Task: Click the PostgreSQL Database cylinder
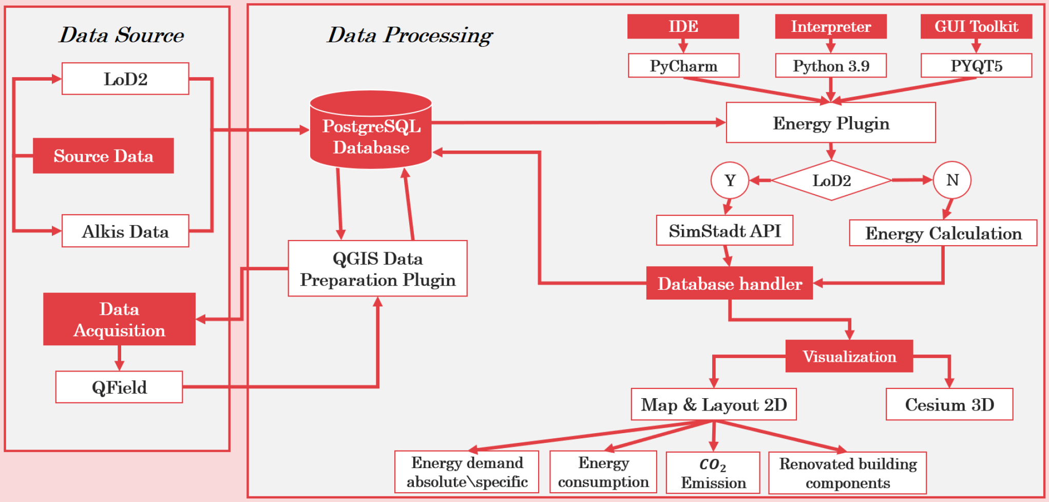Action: [x=371, y=129]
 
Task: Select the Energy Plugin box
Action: [x=831, y=123]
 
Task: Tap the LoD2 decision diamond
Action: [x=831, y=180]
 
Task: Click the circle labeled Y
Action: [x=730, y=180]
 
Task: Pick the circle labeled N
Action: [x=952, y=180]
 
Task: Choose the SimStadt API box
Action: [x=724, y=231]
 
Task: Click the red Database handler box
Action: [x=730, y=283]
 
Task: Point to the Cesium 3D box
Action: [x=949, y=404]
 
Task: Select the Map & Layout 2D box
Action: [x=714, y=404]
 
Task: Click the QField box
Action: [x=119, y=387]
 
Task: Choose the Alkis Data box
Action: [x=125, y=231]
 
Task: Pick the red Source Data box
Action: [x=103, y=156]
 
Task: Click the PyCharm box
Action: [x=683, y=66]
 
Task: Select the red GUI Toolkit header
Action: [x=976, y=26]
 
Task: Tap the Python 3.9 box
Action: [x=831, y=66]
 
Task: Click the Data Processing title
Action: [x=410, y=35]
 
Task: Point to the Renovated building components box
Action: [x=848, y=473]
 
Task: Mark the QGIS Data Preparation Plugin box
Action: [x=377, y=268]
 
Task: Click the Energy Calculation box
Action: [x=943, y=233]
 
